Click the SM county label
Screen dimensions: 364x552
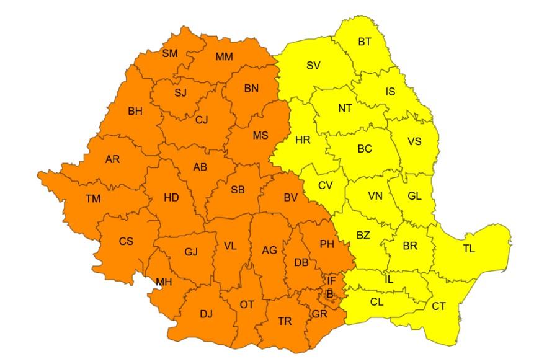170,53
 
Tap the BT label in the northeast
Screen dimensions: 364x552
365,42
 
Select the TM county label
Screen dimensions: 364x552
93,198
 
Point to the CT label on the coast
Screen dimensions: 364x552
438,306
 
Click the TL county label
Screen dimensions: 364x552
469,249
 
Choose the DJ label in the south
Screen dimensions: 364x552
206,314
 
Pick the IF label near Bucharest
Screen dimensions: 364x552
331,281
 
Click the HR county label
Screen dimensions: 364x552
303,140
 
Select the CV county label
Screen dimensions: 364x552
326,185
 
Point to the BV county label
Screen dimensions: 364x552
291,197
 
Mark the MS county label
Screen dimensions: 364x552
260,135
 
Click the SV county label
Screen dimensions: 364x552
314,65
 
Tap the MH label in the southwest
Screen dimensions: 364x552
164,282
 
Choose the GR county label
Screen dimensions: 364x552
319,314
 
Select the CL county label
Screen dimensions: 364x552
376,303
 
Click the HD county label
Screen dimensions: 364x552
171,198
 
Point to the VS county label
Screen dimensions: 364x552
414,141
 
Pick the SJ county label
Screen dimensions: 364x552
180,94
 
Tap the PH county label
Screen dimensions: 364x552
327,244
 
